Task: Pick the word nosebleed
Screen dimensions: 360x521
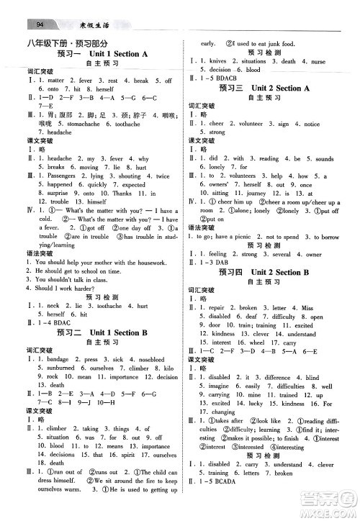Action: point(158,358)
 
